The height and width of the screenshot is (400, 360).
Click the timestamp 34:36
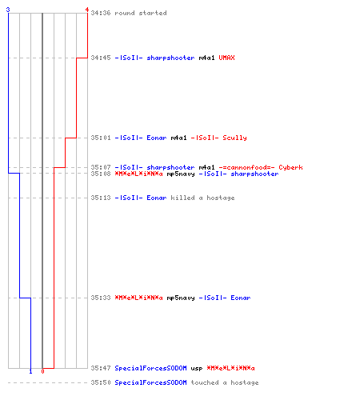[x=101, y=13]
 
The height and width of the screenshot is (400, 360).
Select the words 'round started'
[x=141, y=13]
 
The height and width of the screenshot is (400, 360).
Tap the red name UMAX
[x=226, y=58]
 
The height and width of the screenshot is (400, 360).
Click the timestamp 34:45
[x=101, y=58]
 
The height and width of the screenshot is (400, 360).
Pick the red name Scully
[x=234, y=138]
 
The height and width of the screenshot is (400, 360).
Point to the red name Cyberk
[x=290, y=167]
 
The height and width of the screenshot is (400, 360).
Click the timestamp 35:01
[x=101, y=138]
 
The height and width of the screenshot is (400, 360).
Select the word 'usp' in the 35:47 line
[x=197, y=369]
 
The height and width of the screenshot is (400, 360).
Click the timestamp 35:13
[x=101, y=198]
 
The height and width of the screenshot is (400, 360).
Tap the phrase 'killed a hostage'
[x=202, y=198]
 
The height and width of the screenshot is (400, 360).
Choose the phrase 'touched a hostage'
[x=225, y=382]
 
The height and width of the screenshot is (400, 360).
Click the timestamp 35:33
[x=101, y=298]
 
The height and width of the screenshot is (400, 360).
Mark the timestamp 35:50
[x=101, y=382]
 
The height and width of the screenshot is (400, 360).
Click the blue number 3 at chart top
[x=8, y=10]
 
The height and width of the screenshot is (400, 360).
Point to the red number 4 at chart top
[x=87, y=10]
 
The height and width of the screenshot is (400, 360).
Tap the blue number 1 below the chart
[x=30, y=371]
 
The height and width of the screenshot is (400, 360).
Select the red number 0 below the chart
[x=42, y=371]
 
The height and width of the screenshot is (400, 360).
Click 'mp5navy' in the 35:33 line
[x=181, y=298]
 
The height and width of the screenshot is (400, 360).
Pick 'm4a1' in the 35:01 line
[x=178, y=138]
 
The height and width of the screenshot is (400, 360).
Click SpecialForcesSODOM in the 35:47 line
[x=150, y=368]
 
